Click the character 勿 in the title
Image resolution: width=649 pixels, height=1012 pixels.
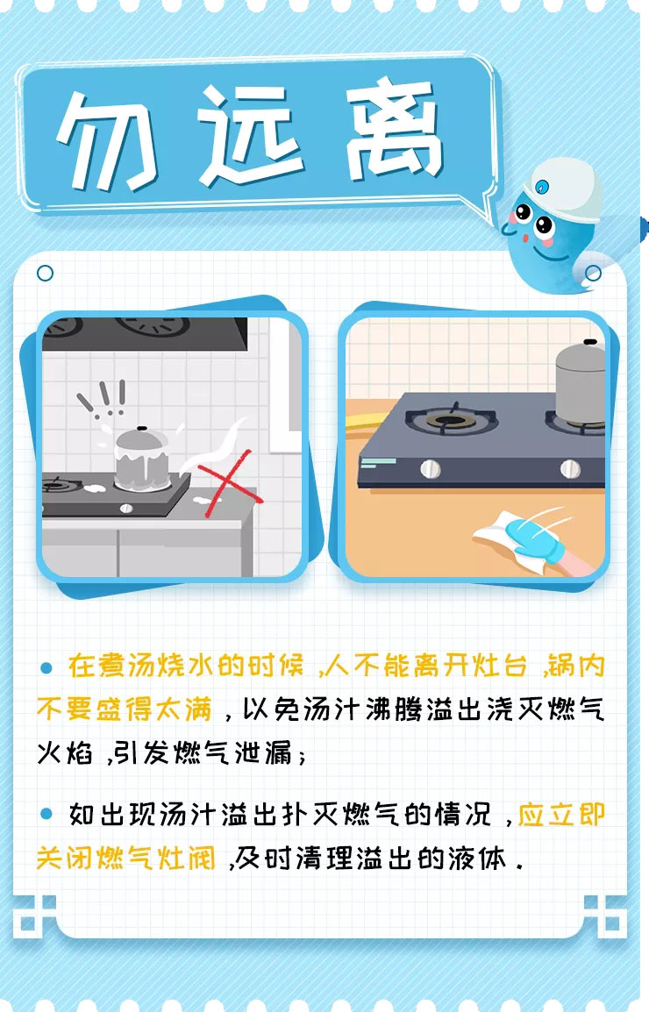click(106, 139)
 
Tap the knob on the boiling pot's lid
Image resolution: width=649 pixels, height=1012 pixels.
click(142, 429)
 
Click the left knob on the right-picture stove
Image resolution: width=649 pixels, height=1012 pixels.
click(431, 468)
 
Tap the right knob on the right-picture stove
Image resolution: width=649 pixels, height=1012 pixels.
click(570, 468)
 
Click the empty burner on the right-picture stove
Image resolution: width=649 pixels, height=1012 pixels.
click(450, 420)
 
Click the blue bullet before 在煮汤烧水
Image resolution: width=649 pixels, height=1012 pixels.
click(46, 667)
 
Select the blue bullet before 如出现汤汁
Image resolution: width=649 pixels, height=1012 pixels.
click(46, 814)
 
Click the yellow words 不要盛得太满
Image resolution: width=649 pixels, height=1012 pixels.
click(125, 709)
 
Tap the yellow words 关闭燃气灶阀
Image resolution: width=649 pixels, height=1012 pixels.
click(125, 859)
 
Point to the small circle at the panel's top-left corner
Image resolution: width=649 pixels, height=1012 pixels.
click(46, 273)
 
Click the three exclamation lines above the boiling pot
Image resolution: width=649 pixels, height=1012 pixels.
click(102, 397)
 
